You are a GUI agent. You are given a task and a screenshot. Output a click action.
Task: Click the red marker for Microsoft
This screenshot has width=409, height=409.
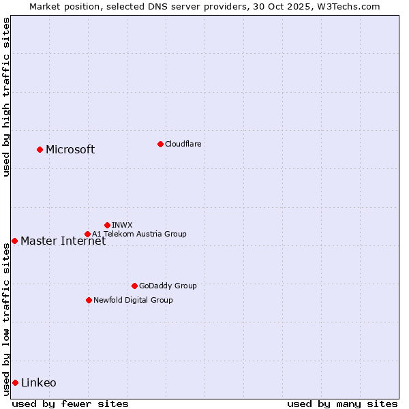pyautogui.click(x=40, y=149)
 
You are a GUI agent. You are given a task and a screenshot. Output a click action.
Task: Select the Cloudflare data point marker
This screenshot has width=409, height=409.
pyautogui.click(x=160, y=144)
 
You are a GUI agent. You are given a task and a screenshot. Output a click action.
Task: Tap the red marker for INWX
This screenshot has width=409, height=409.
pyautogui.click(x=107, y=225)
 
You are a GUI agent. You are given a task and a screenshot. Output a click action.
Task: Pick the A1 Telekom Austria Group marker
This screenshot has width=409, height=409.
pyautogui.click(x=87, y=234)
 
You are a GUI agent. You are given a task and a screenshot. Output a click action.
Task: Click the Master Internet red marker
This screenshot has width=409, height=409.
pyautogui.click(x=14, y=241)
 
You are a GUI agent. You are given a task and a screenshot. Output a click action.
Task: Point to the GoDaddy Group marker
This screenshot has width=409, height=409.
pyautogui.click(x=134, y=286)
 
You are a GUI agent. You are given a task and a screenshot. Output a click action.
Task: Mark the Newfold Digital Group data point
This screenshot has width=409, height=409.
pyautogui.click(x=89, y=300)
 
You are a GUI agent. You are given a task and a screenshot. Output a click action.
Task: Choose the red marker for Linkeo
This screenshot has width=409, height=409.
pyautogui.click(x=15, y=382)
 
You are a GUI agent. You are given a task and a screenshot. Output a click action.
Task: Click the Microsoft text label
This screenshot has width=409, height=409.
pyautogui.click(x=70, y=150)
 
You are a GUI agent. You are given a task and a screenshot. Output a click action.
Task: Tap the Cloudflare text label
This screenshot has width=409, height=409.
pyautogui.click(x=183, y=144)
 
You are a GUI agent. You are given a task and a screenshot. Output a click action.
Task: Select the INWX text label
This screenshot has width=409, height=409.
pyautogui.click(x=122, y=225)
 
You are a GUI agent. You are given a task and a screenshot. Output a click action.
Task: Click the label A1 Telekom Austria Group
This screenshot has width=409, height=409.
pyautogui.click(x=139, y=234)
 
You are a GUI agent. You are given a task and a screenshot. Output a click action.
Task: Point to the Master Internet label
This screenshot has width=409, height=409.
pyautogui.click(x=63, y=241)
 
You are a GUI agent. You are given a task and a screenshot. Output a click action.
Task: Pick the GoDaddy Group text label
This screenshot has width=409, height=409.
pyautogui.click(x=168, y=286)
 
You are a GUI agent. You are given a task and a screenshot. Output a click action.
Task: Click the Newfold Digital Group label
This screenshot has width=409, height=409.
pyautogui.click(x=133, y=300)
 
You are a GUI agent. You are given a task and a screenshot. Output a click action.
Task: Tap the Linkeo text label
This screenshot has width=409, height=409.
pyautogui.click(x=39, y=383)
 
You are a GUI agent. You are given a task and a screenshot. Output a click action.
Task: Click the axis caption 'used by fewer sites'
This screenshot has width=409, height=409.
pyautogui.click(x=70, y=404)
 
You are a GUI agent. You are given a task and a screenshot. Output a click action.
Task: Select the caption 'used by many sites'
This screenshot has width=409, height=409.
pyautogui.click(x=342, y=404)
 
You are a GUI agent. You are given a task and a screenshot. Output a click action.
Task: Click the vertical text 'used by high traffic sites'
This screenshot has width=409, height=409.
pyautogui.click(x=6, y=97)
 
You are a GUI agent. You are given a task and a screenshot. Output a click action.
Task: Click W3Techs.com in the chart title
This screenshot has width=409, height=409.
pyautogui.click(x=346, y=6)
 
